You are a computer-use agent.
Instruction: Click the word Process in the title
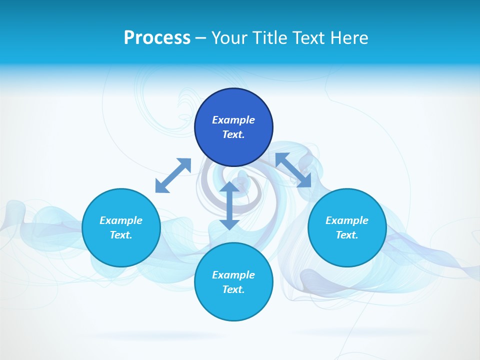pyautogui.click(x=157, y=38)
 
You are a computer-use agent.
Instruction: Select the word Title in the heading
pyautogui.click(x=272, y=38)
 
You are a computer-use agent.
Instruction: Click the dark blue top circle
pyautogui.click(x=233, y=105)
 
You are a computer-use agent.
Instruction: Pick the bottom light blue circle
pyautogui.click(x=233, y=305)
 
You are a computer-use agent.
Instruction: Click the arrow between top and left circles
pyautogui.click(x=173, y=175)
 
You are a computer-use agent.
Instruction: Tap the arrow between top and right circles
pyautogui.click(x=293, y=170)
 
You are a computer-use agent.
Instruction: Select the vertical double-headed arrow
pyautogui.click(x=229, y=205)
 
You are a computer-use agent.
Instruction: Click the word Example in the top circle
pyautogui.click(x=233, y=120)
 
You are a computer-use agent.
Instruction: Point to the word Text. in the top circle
pyautogui.click(x=233, y=134)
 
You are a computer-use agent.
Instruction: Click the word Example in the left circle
pyautogui.click(x=121, y=220)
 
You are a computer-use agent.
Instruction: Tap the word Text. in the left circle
pyautogui.click(x=121, y=235)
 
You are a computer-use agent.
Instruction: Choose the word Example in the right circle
pyautogui.click(x=347, y=220)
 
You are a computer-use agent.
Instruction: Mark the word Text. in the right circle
pyautogui.click(x=347, y=235)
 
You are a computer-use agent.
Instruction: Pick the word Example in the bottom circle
pyautogui.click(x=233, y=275)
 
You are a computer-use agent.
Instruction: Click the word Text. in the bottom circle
pyautogui.click(x=233, y=289)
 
